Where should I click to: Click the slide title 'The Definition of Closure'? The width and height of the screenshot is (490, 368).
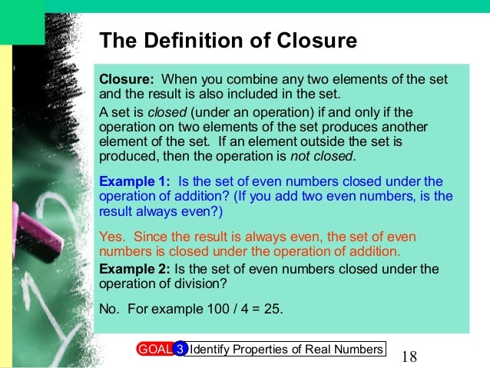pyautogui.click(x=228, y=41)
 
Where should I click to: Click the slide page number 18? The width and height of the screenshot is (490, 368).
pyautogui.click(x=409, y=356)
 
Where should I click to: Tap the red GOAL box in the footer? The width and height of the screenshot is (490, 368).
pyautogui.click(x=154, y=350)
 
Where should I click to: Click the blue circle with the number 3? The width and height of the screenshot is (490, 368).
pyautogui.click(x=180, y=350)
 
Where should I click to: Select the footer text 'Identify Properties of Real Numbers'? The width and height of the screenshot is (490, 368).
pyautogui.click(x=286, y=350)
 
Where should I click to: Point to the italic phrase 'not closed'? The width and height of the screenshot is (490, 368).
pyautogui.click(x=322, y=157)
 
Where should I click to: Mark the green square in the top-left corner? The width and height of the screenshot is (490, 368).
pyautogui.click(x=21, y=21)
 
